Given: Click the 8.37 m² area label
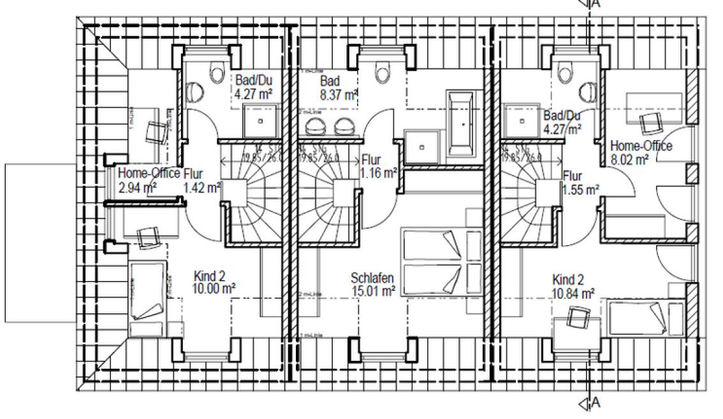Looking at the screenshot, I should [338, 96].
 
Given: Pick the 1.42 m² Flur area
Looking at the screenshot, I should [201, 187].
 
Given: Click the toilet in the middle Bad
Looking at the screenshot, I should [383, 73].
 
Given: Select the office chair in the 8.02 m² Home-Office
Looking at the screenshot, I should [650, 122].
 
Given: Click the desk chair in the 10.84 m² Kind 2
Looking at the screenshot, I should [577, 316].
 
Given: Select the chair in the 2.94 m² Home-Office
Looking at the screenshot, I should [156, 131].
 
